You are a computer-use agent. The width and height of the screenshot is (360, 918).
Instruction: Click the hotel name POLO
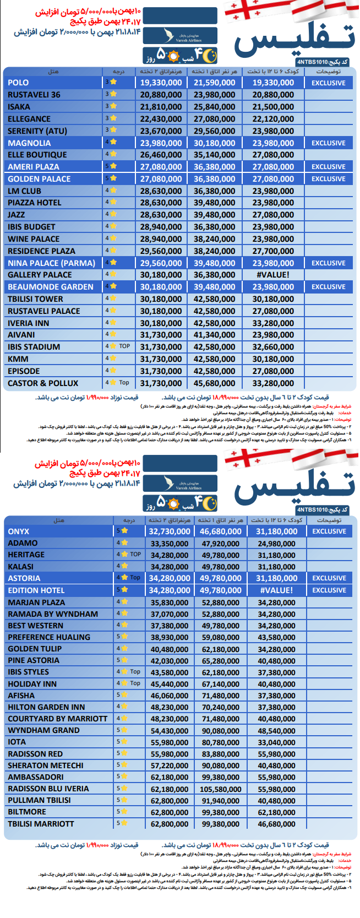click(18, 83)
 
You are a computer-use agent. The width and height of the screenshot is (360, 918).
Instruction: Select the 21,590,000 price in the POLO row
click(214, 83)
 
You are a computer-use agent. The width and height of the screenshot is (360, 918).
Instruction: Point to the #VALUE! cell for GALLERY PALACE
click(273, 275)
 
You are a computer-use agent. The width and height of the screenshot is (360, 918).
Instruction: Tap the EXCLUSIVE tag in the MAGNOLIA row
click(329, 143)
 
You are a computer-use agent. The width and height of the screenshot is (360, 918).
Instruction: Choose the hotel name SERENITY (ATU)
click(37, 131)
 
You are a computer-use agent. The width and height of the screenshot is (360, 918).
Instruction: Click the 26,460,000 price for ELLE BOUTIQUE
click(161, 155)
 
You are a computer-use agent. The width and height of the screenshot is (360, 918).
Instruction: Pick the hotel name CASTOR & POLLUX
click(43, 383)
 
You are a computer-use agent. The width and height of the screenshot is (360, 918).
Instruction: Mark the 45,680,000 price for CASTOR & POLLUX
click(214, 383)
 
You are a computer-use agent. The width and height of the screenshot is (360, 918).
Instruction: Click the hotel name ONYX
click(19, 532)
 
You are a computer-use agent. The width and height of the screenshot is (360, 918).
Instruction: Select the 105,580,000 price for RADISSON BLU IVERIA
click(221, 789)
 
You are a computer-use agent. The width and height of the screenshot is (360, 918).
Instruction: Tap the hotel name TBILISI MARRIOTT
click(41, 824)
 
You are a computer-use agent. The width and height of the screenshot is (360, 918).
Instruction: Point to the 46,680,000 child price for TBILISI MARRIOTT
click(276, 824)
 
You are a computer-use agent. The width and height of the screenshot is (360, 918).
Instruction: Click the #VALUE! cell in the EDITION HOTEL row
click(276, 590)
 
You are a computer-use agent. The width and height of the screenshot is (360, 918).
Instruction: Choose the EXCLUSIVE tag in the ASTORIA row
click(329, 578)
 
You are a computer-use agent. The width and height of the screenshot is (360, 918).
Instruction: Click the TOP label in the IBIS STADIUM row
click(124, 346)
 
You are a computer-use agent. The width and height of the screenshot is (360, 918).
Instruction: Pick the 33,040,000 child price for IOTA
click(276, 742)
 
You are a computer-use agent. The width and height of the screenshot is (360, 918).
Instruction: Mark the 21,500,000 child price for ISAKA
click(273, 107)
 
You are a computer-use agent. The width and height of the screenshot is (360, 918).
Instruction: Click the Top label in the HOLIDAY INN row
click(135, 683)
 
